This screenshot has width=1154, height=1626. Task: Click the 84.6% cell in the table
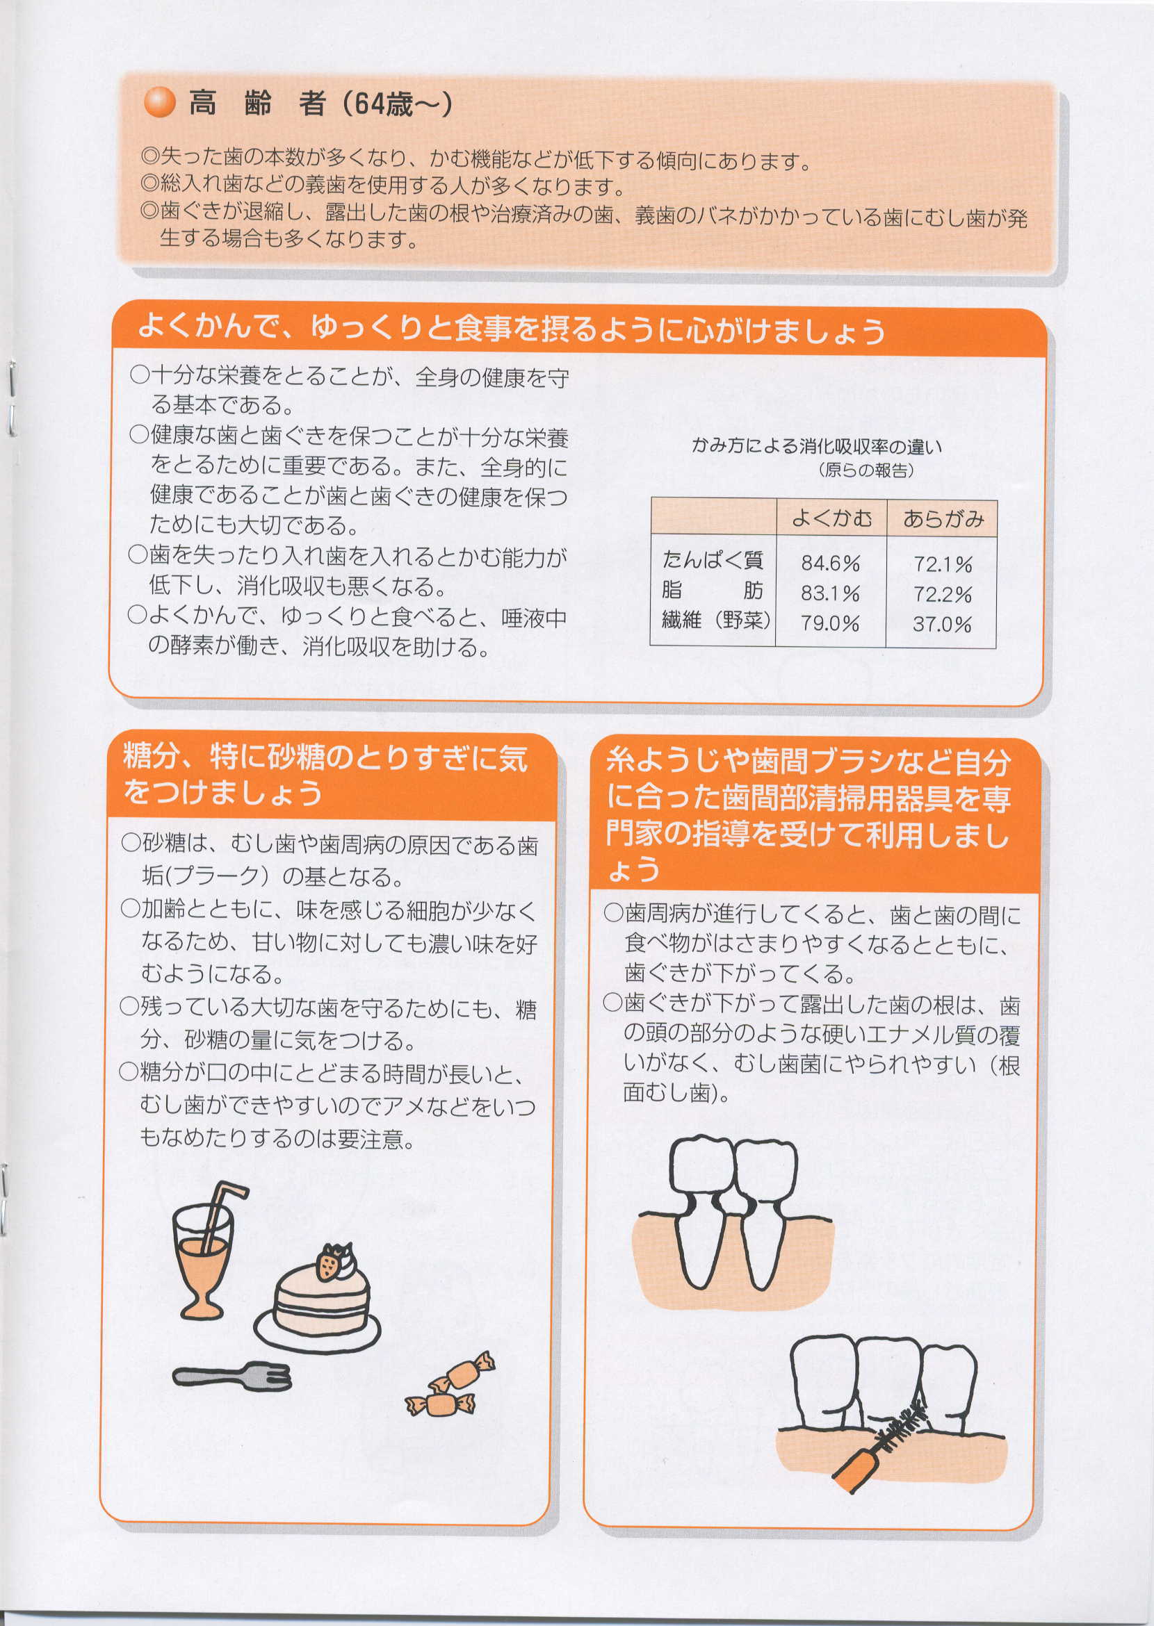point(830,563)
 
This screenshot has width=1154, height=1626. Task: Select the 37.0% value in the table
point(942,624)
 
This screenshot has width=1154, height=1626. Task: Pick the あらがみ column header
point(943,518)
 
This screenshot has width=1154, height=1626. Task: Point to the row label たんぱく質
point(713,560)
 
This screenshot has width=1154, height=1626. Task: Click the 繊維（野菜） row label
point(716,620)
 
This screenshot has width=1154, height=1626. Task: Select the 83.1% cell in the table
point(830,593)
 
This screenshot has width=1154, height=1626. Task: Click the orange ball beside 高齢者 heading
point(159,103)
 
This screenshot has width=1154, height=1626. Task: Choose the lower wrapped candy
point(439,1402)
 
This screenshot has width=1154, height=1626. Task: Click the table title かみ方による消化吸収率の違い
point(816,446)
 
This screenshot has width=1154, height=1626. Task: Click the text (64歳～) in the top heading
point(397,104)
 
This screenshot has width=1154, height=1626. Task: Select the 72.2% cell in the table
point(942,594)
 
